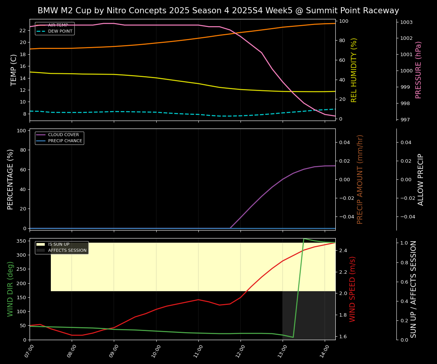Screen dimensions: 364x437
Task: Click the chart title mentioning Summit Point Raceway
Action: point(218,11)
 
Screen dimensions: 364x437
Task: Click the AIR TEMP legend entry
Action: point(58,25)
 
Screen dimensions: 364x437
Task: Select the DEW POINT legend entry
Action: point(60,31)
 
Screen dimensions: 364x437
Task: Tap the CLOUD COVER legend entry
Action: point(63,135)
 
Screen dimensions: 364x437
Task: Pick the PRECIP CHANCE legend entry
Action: point(65,141)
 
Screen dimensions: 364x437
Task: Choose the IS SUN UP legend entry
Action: point(58,245)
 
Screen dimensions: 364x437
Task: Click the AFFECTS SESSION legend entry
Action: point(67,251)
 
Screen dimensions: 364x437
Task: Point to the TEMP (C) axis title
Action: point(14,70)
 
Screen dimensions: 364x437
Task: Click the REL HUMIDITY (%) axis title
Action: point(354,70)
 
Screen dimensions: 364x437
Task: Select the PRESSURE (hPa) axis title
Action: point(418,70)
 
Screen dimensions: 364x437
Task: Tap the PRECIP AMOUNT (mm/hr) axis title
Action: point(360,179)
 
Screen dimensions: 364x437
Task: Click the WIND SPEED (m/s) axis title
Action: point(352,289)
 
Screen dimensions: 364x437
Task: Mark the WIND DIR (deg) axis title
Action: point(10,289)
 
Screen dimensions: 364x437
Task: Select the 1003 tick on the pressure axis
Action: point(406,22)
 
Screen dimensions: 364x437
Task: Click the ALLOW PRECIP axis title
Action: point(421,179)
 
